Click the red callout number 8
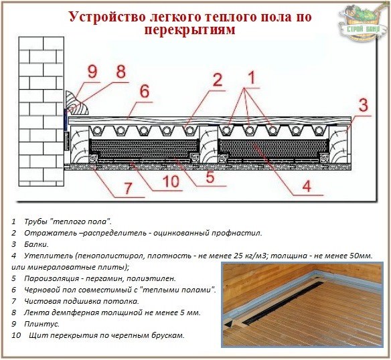[x=121, y=72]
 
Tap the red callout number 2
[x=216, y=80]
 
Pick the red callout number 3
[x=363, y=105]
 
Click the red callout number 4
[x=306, y=187]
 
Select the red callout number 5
[x=211, y=177]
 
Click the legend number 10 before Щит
[x=15, y=335]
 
